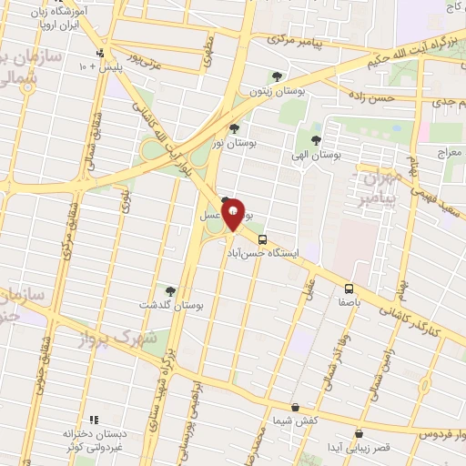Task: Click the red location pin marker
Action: pyautogui.click(x=233, y=214)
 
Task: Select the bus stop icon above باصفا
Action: pyautogui.click(x=348, y=284)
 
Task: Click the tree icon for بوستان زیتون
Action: pyautogui.click(x=277, y=77)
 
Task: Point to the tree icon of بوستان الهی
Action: pyautogui.click(x=316, y=139)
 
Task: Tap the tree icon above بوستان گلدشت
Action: pyautogui.click(x=170, y=289)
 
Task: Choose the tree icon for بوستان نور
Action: pyautogui.click(x=235, y=128)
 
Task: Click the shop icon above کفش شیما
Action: pyautogui.click(x=294, y=407)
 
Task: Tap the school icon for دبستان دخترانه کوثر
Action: pyautogui.click(x=68, y=420)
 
